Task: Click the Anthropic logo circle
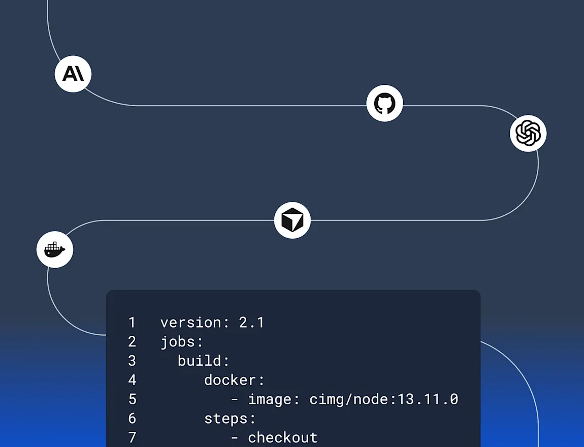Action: pos(73,74)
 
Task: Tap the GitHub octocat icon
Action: pos(384,104)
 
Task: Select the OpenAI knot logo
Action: pos(528,133)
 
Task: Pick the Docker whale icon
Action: pos(55,250)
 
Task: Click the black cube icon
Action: pos(293,220)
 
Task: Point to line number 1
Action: pos(132,323)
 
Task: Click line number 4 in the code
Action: pos(132,380)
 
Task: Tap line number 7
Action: pos(132,437)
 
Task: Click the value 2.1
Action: pos(251,323)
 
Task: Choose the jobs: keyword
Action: pos(182,342)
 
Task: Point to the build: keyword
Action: pos(204,361)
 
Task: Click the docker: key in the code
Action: pos(234,380)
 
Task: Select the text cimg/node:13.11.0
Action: pos(384,399)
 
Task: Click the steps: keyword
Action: pos(230,419)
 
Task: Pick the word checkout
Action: pos(282,437)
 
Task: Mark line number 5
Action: pos(132,399)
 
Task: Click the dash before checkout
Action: pos(234,437)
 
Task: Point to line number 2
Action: pos(132,342)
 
